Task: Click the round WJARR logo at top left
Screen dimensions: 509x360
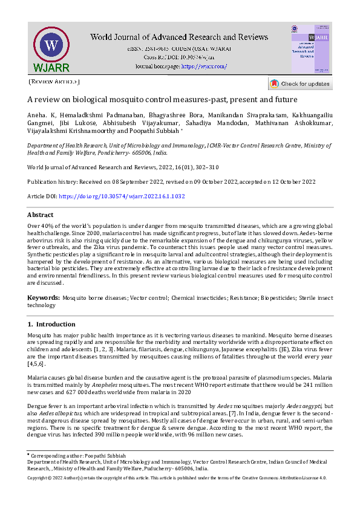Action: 51,47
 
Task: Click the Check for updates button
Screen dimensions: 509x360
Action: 300,83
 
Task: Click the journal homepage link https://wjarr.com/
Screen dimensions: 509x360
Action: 204,66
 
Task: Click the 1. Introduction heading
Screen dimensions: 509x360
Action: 51,324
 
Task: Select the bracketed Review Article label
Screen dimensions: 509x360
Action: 54,81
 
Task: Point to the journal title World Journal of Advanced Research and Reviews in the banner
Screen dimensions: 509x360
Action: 179,37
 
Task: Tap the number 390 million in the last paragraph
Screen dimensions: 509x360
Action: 123,435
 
